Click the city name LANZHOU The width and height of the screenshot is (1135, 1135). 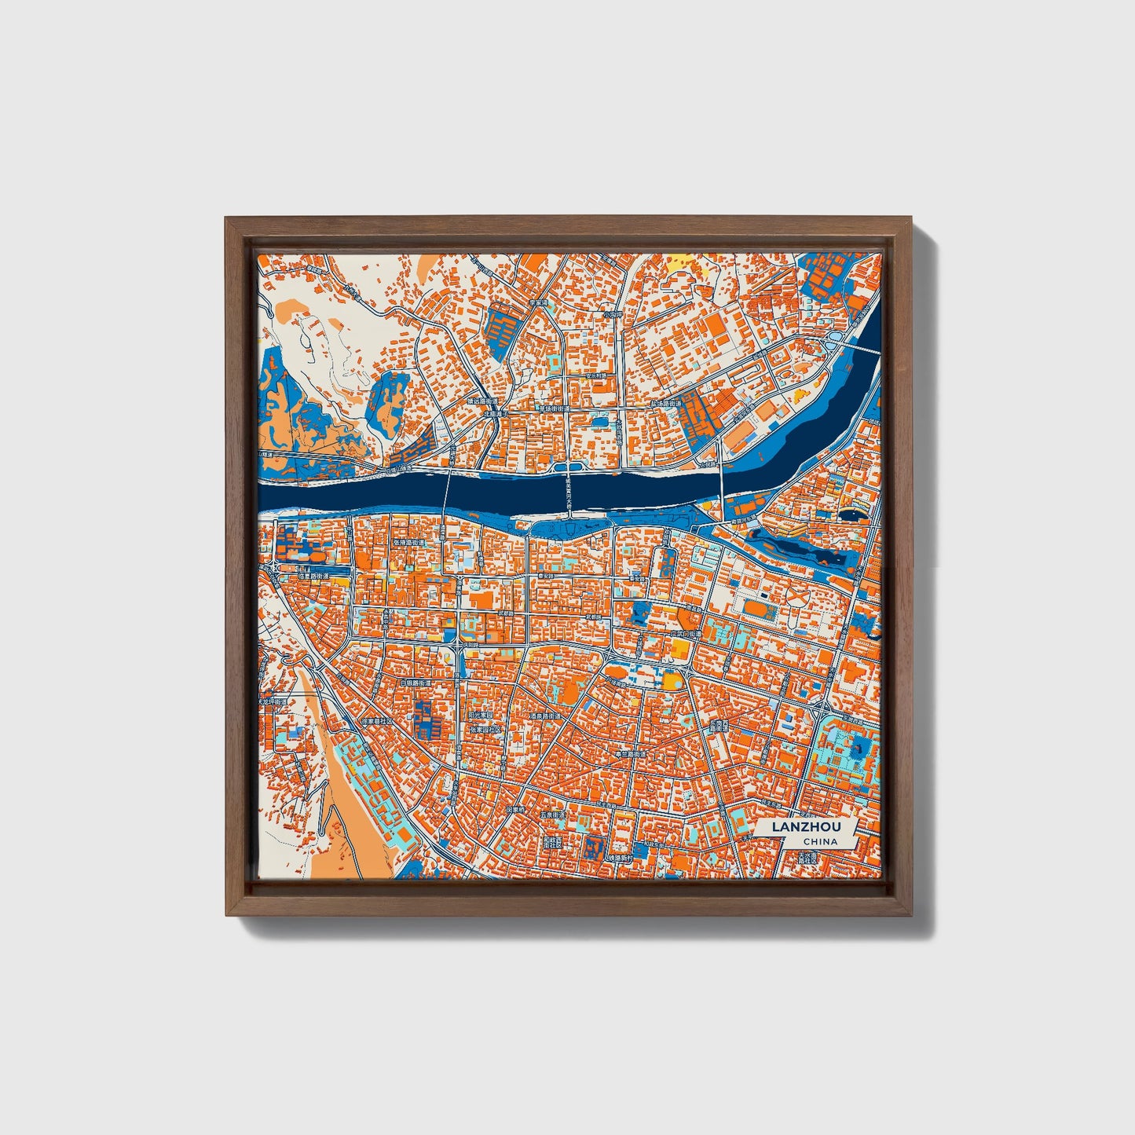(x=805, y=827)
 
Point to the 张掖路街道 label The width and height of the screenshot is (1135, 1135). (x=408, y=543)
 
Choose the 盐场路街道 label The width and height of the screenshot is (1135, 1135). (x=668, y=404)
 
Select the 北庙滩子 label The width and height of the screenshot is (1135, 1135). (x=497, y=412)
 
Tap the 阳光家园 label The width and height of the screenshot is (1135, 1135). (x=480, y=716)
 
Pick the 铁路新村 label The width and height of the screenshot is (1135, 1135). (x=620, y=858)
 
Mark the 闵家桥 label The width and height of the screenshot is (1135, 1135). (x=515, y=807)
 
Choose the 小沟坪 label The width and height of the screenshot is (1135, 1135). (x=612, y=314)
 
